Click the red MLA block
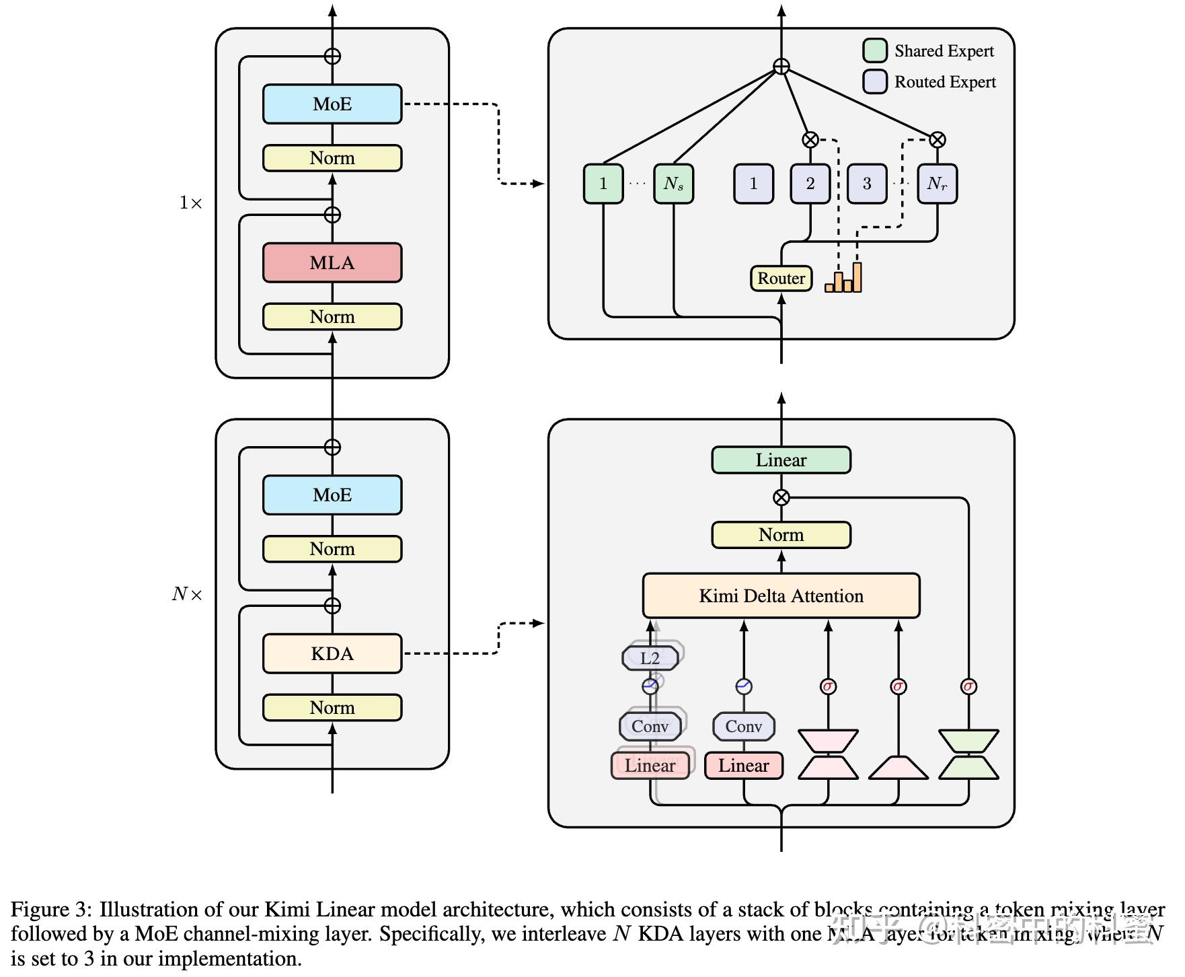click(x=332, y=262)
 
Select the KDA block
click(x=332, y=653)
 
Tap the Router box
click(x=781, y=278)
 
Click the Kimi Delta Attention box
click(x=781, y=595)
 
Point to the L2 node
click(x=650, y=658)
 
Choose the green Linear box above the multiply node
click(x=781, y=460)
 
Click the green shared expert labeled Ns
click(x=673, y=183)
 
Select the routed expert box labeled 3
click(x=866, y=183)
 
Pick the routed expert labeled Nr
click(x=937, y=183)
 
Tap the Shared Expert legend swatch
click(x=874, y=50)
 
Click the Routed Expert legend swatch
click(x=874, y=81)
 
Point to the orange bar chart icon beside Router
click(x=843, y=278)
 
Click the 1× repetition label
click(x=190, y=203)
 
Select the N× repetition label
click(x=187, y=594)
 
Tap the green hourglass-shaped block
click(x=968, y=754)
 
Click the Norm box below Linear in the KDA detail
click(x=781, y=535)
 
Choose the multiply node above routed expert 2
click(x=810, y=140)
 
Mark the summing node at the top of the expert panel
click(x=781, y=67)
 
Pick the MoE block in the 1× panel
click(x=332, y=104)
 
